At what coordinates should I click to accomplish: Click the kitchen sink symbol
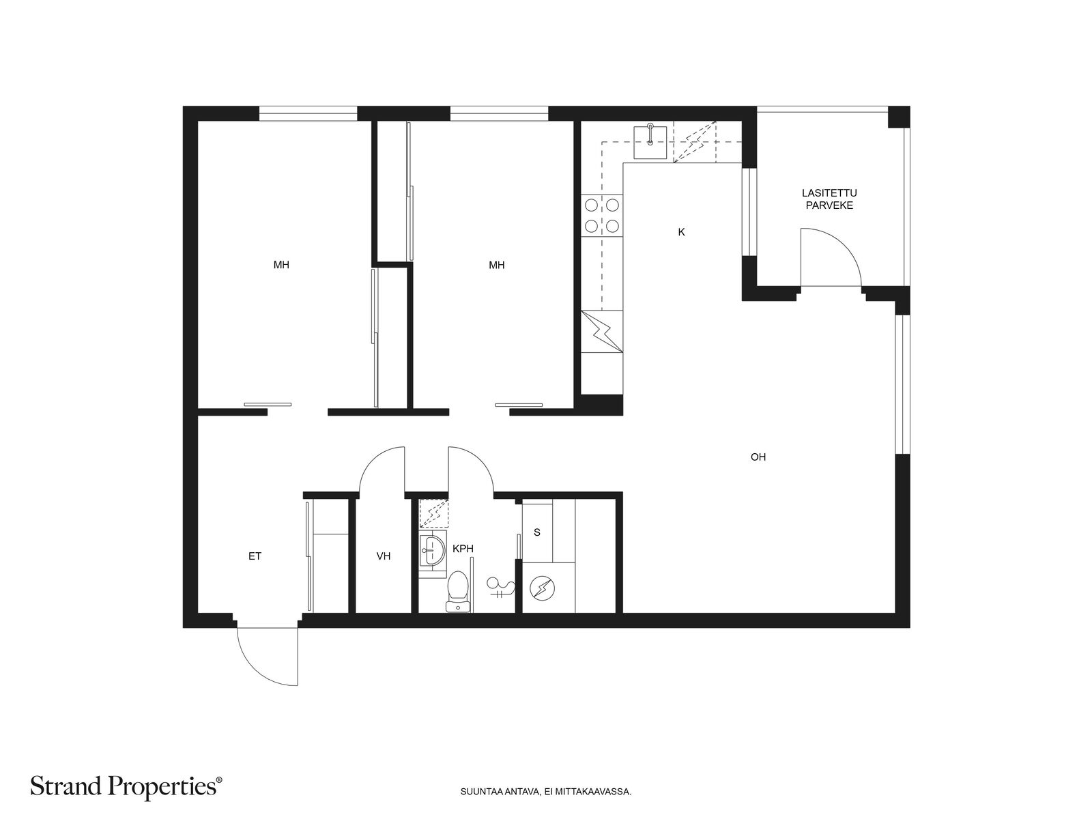(x=650, y=142)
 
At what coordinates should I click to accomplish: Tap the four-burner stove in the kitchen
(x=602, y=215)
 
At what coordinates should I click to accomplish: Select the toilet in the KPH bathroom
(x=457, y=591)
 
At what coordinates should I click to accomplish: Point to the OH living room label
(x=758, y=457)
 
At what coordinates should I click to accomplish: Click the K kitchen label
(x=682, y=232)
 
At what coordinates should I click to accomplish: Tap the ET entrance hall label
(x=255, y=556)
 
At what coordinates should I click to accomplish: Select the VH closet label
(x=383, y=556)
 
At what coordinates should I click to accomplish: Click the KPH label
(x=463, y=549)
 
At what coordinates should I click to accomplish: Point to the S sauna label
(x=537, y=532)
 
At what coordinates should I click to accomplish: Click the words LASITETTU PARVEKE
(x=829, y=199)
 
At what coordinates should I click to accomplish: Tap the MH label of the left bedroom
(x=281, y=265)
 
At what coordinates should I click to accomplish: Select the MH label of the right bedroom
(x=496, y=265)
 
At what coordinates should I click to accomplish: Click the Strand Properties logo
(x=126, y=786)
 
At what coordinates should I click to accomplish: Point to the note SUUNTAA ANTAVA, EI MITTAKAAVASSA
(x=546, y=792)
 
